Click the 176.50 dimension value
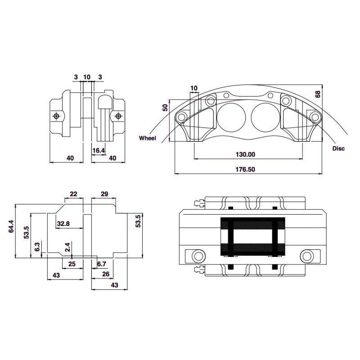click(245, 170)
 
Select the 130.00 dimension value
click(245, 154)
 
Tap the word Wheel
click(148, 138)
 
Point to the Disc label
click(339, 148)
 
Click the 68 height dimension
click(318, 94)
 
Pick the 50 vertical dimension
click(165, 108)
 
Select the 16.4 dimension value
click(99, 151)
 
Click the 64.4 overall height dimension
click(11, 226)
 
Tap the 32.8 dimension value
click(63, 223)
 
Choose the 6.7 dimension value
click(102, 264)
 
